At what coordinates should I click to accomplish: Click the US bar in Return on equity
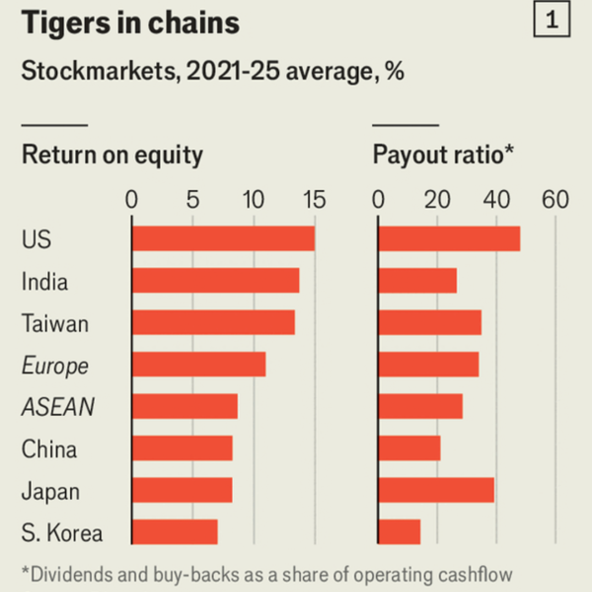[x=223, y=239]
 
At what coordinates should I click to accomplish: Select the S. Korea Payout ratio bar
[x=399, y=531]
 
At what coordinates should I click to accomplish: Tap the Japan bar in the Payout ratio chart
[x=436, y=490]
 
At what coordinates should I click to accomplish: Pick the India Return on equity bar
[x=215, y=281]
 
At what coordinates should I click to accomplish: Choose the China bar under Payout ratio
[x=409, y=448]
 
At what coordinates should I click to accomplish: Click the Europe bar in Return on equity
[x=199, y=364]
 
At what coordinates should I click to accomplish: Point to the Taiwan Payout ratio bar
[x=430, y=322]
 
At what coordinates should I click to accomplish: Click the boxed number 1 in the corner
[x=552, y=21]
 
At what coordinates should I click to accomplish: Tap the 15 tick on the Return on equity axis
[x=314, y=200]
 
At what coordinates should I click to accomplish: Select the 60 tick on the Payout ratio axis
[x=555, y=200]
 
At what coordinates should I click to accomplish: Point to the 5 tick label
[x=192, y=200]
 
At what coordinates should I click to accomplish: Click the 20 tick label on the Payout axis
[x=437, y=200]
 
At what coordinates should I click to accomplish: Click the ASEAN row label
[x=58, y=408]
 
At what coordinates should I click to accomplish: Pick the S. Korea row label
[x=62, y=533]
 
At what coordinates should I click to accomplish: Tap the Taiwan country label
[x=55, y=324]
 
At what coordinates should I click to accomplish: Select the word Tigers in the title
[x=62, y=23]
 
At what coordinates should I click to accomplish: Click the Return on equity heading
[x=112, y=155]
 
